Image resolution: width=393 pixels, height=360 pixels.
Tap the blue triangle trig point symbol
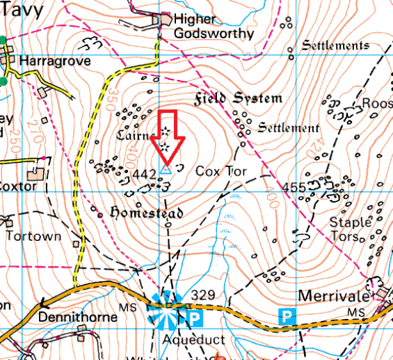(x=166, y=169)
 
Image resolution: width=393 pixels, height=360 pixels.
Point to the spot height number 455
(x=294, y=187)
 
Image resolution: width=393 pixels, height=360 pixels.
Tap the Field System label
(x=238, y=98)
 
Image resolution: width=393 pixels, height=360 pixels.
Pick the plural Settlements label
(x=335, y=46)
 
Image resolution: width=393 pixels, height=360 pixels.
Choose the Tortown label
(x=34, y=236)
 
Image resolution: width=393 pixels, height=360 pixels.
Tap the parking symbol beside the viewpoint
(x=195, y=318)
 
